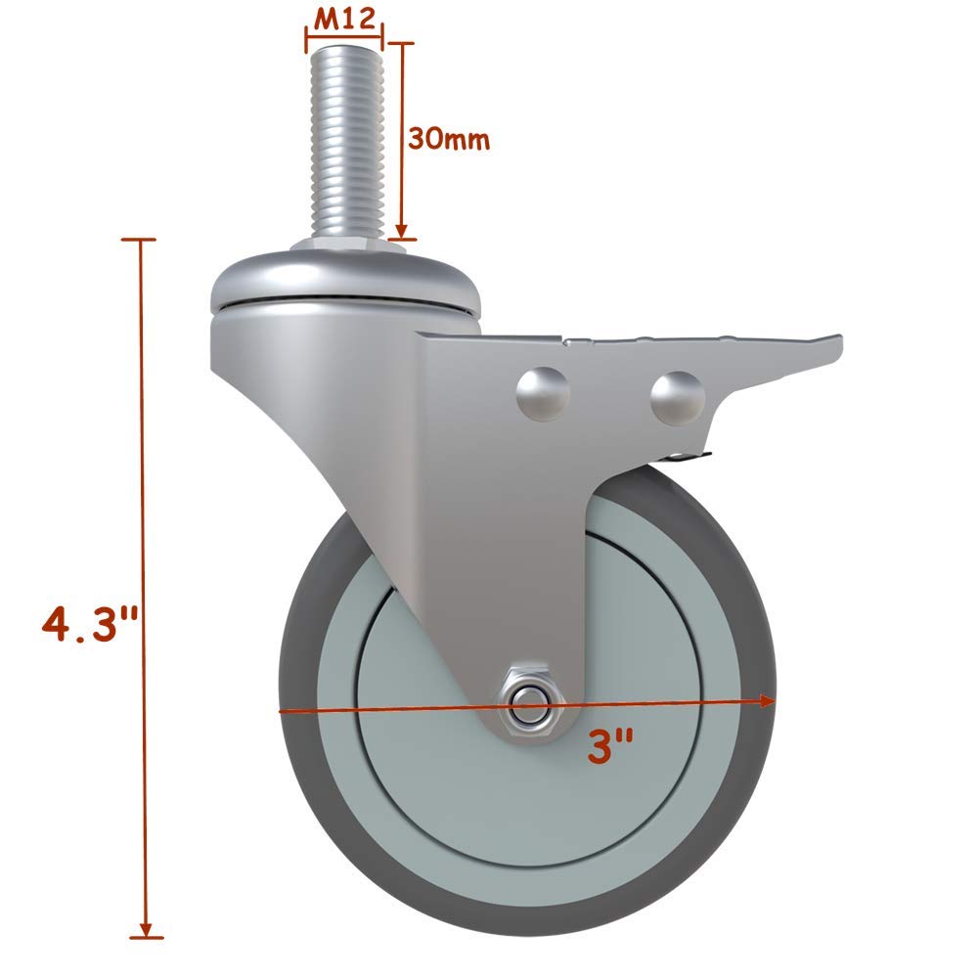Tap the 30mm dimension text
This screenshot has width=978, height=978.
coord(448,139)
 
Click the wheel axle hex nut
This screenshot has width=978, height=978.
coord(528,699)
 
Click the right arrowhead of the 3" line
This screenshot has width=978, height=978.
coord(769,700)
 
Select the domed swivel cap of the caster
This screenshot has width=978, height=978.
coord(348,279)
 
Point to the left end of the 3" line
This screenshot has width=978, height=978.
coord(283,711)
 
